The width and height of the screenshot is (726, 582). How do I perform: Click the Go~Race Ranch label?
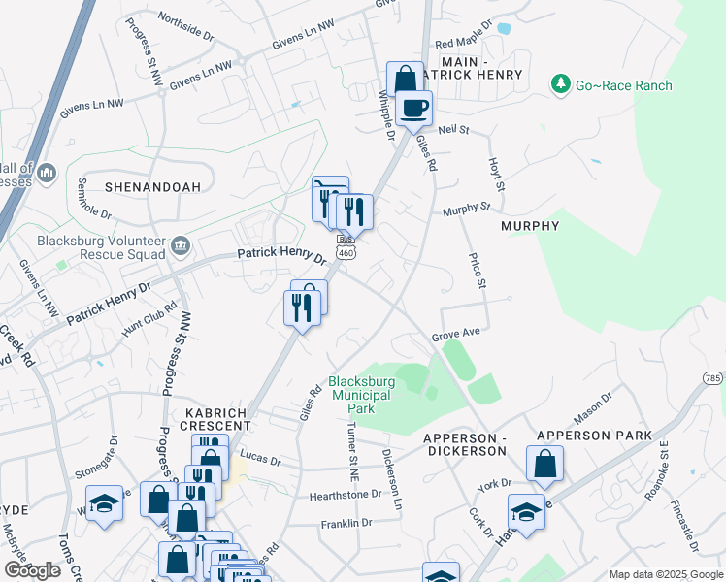coord(623,85)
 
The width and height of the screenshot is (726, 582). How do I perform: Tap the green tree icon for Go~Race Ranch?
coord(560,85)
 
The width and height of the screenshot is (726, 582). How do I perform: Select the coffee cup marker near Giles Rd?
coord(413,108)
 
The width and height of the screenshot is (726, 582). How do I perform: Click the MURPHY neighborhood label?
coord(530,226)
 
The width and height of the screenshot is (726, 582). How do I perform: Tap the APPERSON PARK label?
coord(594,436)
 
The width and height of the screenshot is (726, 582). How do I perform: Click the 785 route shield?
coord(713,377)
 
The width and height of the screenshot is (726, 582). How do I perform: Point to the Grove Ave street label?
coord(456,336)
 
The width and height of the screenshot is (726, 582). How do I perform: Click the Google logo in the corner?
coord(32,570)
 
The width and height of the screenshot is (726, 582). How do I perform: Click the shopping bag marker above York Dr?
coord(544,465)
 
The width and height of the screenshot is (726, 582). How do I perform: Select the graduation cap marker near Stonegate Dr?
coord(104,503)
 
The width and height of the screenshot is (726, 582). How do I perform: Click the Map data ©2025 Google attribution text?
coord(665,574)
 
